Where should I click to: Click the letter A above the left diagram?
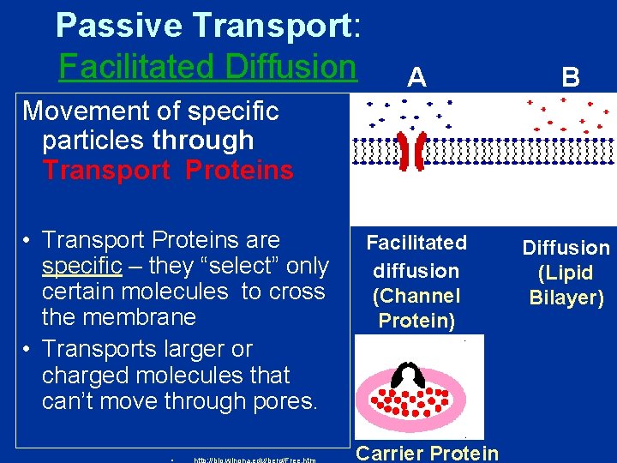click(x=416, y=78)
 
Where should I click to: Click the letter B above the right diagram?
click(x=570, y=78)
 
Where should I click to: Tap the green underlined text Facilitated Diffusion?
click(x=207, y=66)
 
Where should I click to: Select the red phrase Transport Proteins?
click(x=168, y=170)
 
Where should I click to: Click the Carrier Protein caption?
click(x=427, y=453)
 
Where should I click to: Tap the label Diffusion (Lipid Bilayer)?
click(x=566, y=273)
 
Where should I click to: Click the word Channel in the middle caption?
click(x=416, y=296)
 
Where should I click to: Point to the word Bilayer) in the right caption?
click(x=566, y=298)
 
